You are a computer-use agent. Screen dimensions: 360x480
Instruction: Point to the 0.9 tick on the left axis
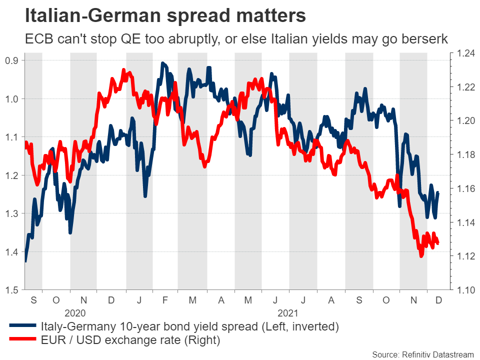pyautogui.click(x=11, y=60)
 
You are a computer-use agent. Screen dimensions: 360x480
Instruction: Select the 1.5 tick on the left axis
pyautogui.click(x=11, y=289)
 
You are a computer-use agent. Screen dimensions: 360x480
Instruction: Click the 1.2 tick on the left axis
pyautogui.click(x=11, y=175)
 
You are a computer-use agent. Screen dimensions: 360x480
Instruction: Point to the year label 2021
pyautogui.click(x=288, y=314)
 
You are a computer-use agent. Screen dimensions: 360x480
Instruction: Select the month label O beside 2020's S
pyautogui.click(x=56, y=300)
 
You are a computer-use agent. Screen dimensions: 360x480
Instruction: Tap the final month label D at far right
pyautogui.click(x=439, y=300)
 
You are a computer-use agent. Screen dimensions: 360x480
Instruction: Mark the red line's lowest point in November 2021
pyautogui.click(x=421, y=255)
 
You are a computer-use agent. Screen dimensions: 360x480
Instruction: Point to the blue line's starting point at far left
pyautogui.click(x=25, y=260)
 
